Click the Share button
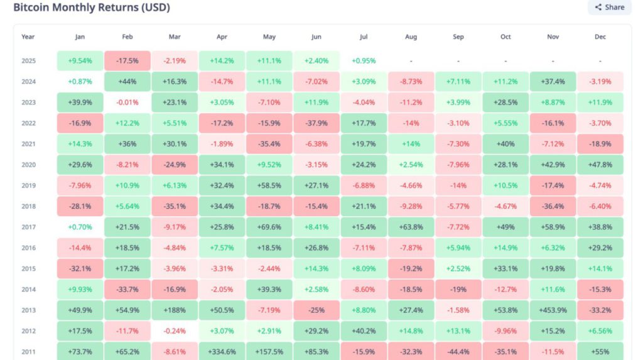click(x=609, y=7)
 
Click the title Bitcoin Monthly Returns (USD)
click(x=92, y=8)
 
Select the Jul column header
click(x=364, y=36)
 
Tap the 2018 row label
click(x=28, y=206)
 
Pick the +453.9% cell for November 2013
click(x=553, y=310)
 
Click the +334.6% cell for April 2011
click(x=222, y=351)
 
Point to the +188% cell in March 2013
click(x=175, y=310)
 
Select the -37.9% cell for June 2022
click(x=316, y=123)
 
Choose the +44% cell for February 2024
click(x=127, y=82)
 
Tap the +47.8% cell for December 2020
click(x=600, y=165)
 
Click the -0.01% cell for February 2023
click(x=127, y=102)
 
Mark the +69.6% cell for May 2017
click(x=269, y=227)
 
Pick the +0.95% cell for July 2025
click(x=364, y=61)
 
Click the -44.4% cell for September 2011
click(x=458, y=351)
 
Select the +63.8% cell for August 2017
click(x=411, y=227)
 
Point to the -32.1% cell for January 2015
click(x=80, y=268)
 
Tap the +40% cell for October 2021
click(x=505, y=144)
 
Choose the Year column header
click(x=28, y=36)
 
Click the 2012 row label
click(x=28, y=330)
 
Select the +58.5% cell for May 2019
click(x=269, y=185)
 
